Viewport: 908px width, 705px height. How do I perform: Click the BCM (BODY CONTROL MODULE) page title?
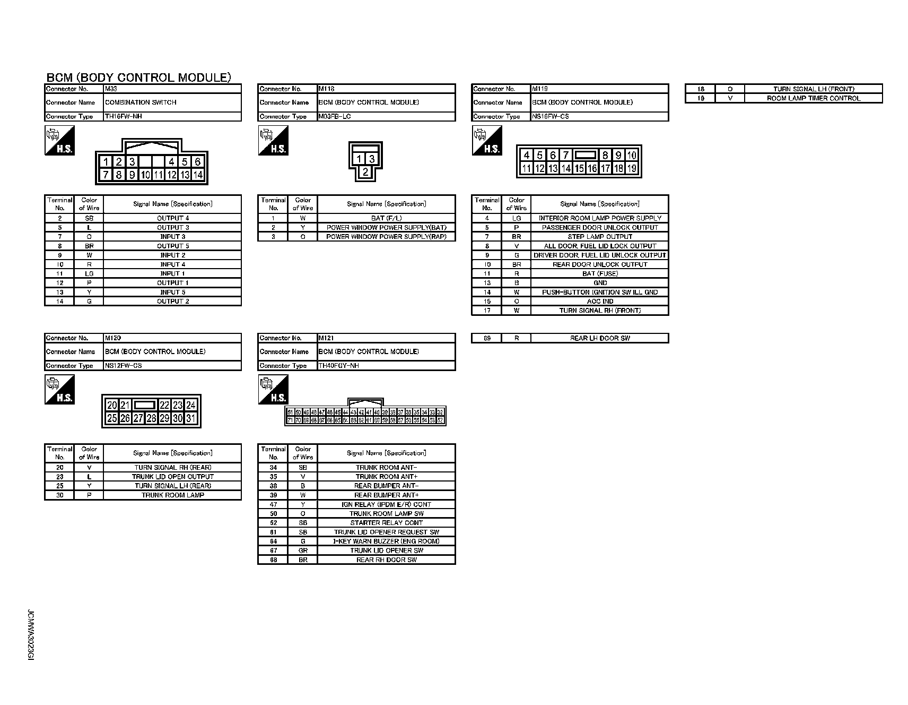pyautogui.click(x=139, y=78)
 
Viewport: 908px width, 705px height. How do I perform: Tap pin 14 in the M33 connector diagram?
pyautogui.click(x=198, y=175)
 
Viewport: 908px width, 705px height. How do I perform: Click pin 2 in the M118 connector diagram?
pyautogui.click(x=365, y=171)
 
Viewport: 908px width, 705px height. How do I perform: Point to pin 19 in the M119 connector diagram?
pyautogui.click(x=632, y=168)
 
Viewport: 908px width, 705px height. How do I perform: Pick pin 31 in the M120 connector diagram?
pyautogui.click(x=191, y=418)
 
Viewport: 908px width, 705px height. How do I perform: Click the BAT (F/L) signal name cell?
pyautogui.click(x=386, y=218)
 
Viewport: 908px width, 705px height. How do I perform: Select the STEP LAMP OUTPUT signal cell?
pyautogui.click(x=600, y=237)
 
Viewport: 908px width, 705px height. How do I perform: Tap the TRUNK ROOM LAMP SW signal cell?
pyautogui.click(x=386, y=514)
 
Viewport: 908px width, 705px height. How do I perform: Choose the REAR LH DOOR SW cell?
pyautogui.click(x=600, y=338)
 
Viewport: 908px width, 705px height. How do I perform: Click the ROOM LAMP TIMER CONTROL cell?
pyautogui.click(x=814, y=98)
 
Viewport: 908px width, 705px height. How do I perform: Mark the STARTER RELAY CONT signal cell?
pyautogui.click(x=386, y=523)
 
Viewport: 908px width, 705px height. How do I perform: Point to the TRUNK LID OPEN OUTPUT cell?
pyautogui.click(x=172, y=477)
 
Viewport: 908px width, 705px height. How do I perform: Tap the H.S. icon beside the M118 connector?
pyautogui.click(x=273, y=141)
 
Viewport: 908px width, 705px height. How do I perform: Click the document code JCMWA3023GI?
pyautogui.click(x=30, y=635)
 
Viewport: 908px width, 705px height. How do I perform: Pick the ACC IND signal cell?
pyautogui.click(x=600, y=302)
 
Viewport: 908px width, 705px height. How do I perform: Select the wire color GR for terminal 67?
pyautogui.click(x=303, y=551)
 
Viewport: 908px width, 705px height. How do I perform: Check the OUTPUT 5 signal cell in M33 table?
pyautogui.click(x=172, y=246)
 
